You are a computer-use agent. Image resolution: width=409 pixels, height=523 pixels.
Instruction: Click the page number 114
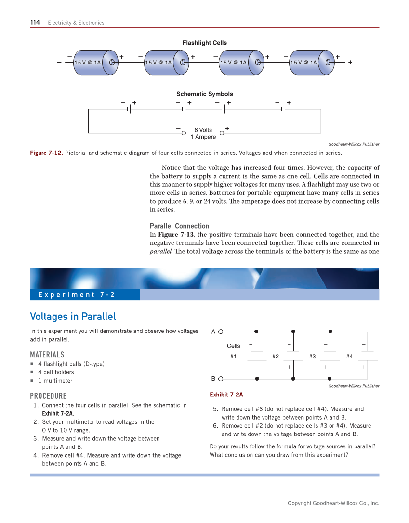click(x=35, y=22)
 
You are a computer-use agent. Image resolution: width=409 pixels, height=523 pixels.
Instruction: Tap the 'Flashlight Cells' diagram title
click(x=204, y=43)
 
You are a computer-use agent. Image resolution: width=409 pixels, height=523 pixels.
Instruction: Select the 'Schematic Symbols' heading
click(x=204, y=94)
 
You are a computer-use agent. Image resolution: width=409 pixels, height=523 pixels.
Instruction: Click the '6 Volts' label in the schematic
click(x=203, y=130)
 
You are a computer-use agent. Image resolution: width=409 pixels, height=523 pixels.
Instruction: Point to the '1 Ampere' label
click(x=203, y=137)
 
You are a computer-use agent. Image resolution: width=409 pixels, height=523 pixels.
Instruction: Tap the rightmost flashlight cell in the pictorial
click(x=311, y=62)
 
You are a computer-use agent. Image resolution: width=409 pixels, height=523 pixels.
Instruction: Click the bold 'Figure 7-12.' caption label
click(x=46, y=153)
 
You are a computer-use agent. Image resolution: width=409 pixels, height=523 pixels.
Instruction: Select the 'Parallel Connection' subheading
click(x=179, y=226)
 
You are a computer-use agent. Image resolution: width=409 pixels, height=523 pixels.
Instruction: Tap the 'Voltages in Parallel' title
click(x=73, y=317)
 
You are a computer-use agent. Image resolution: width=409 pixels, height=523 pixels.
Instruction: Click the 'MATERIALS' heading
click(x=47, y=355)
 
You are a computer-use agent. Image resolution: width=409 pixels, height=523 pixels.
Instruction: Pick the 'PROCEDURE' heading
click(x=48, y=396)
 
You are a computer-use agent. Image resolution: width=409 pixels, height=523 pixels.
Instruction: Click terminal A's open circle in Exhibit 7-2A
click(x=221, y=331)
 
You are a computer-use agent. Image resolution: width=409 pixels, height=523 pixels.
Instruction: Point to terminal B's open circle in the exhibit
click(x=221, y=379)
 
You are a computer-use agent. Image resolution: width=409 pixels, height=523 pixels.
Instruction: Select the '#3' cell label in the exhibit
click(x=312, y=357)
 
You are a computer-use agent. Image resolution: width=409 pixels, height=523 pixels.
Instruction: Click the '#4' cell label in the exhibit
click(x=349, y=357)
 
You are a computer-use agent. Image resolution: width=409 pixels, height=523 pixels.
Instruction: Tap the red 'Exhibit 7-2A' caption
click(x=226, y=395)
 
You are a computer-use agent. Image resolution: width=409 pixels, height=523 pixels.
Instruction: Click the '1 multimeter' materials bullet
click(x=55, y=381)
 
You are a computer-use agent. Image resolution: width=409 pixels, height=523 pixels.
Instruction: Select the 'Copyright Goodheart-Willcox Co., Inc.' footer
click(x=333, y=503)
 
